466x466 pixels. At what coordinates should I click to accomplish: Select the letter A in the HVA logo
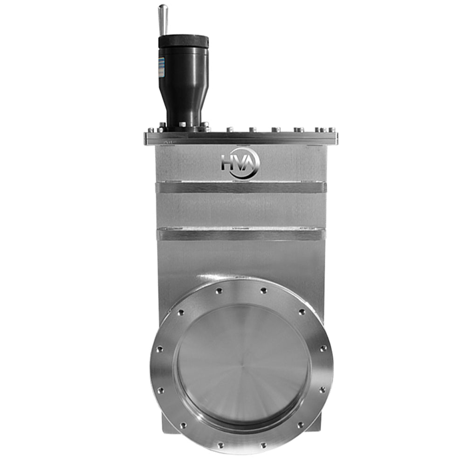coord(251,163)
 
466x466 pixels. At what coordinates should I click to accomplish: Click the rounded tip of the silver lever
coord(163,9)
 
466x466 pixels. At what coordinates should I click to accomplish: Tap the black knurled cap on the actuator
coord(183,41)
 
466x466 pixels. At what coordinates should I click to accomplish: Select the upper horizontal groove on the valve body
coord(240,187)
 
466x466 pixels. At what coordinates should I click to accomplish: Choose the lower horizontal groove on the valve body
coord(240,234)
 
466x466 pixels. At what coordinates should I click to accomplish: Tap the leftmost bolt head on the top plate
coord(151,130)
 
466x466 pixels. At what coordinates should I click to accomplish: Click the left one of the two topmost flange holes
coord(219,291)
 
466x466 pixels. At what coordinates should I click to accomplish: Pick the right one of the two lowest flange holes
coord(263,445)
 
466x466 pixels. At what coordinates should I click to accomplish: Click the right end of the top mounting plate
coord(336,138)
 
